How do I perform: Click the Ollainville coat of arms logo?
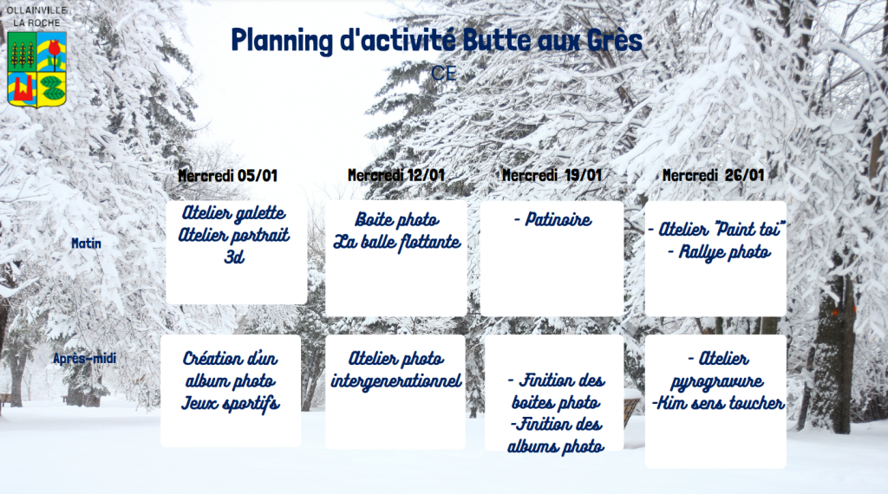[36, 69]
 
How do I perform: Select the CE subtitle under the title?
[443, 74]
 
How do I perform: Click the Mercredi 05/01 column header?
[228, 175]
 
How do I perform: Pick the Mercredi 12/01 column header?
[395, 175]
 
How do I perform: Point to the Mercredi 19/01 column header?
[552, 175]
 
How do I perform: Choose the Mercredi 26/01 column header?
[713, 175]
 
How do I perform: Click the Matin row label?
[86, 244]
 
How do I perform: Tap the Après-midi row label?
[85, 358]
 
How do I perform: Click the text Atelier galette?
[233, 213]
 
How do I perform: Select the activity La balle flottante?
[397, 242]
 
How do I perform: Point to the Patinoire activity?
[552, 219]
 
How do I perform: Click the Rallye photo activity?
[719, 252]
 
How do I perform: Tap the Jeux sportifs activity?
[231, 403]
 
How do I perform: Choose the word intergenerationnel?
[395, 381]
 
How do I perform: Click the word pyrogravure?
[717, 382]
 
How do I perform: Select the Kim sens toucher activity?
[718, 403]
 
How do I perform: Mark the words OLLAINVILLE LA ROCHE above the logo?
[36, 16]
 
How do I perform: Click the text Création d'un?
[230, 359]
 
